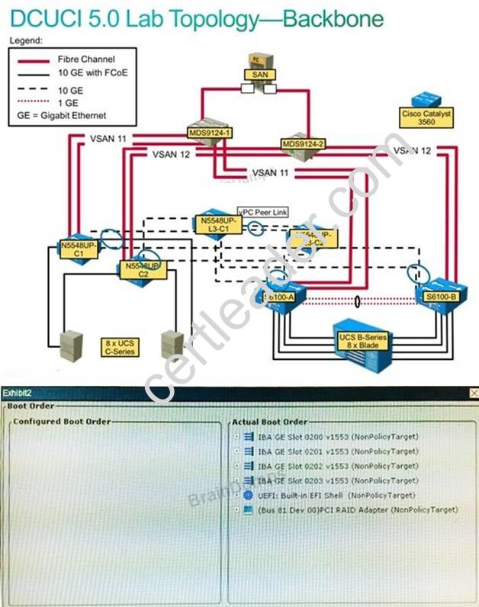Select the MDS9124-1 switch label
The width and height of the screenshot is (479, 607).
tap(210, 132)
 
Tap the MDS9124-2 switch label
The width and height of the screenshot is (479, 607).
tap(303, 143)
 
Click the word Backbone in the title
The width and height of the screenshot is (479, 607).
tap(333, 18)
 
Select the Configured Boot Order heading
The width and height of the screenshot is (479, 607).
tap(62, 421)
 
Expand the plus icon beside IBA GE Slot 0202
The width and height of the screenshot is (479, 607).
tap(236, 465)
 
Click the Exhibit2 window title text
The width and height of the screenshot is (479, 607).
tap(16, 393)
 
